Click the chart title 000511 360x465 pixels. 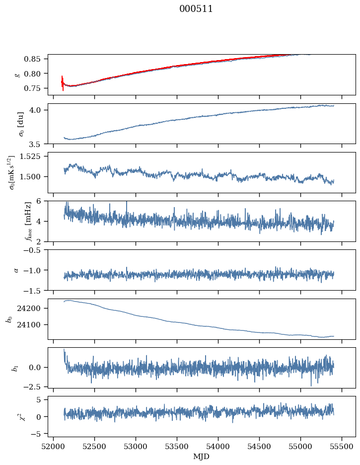(x=196, y=9)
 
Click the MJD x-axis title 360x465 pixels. (x=202, y=457)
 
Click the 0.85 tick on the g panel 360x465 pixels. (x=36, y=59)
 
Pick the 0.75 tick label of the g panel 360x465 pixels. (x=36, y=88)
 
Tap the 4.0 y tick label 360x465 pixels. (x=39, y=110)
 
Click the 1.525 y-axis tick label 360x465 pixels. (x=35, y=156)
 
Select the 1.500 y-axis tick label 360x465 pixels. (x=35, y=177)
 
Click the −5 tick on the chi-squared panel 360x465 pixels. (x=39, y=434)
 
